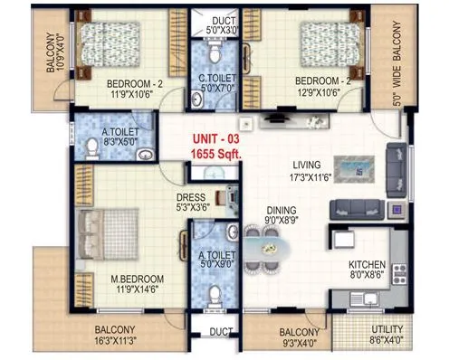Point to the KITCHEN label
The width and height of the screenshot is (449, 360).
point(368,265)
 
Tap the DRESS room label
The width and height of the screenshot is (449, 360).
point(191,196)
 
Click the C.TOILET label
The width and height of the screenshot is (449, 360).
point(217,78)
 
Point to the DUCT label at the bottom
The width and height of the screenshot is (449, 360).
point(217,331)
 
